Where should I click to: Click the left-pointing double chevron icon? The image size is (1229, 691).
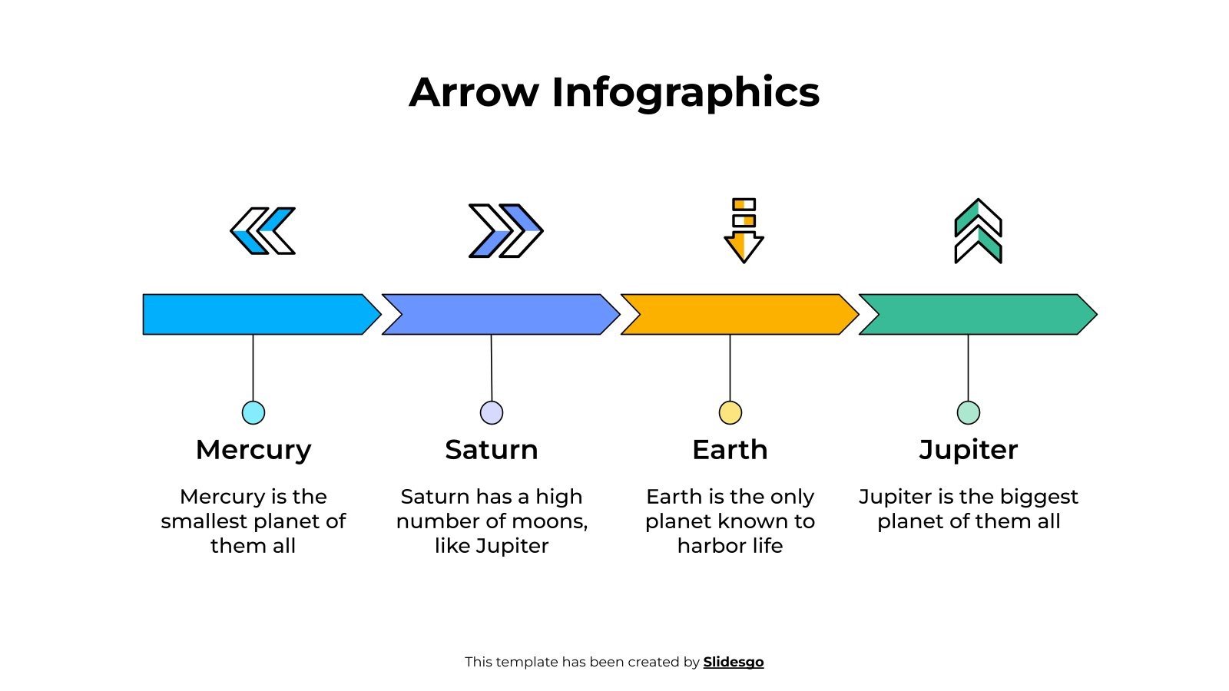pos(263,230)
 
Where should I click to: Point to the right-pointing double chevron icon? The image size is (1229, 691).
pos(505,230)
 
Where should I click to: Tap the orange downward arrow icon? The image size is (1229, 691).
pos(744,230)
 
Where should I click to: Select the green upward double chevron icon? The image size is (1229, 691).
pos(978,230)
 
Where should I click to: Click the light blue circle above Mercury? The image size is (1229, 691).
pos(253,412)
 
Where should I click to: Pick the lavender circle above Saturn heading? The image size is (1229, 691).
pos(492,412)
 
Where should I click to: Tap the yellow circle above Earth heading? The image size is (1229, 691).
pos(730,412)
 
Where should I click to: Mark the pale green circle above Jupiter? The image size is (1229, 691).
pos(968,412)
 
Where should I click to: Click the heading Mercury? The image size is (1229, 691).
pos(253,450)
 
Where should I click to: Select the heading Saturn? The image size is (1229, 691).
pos(492,450)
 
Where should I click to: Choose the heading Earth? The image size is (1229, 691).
pos(730,450)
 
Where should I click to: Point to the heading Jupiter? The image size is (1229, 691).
pos(968,450)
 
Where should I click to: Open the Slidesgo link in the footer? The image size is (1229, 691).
pos(733,662)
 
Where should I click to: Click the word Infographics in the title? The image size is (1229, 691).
pos(685,92)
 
